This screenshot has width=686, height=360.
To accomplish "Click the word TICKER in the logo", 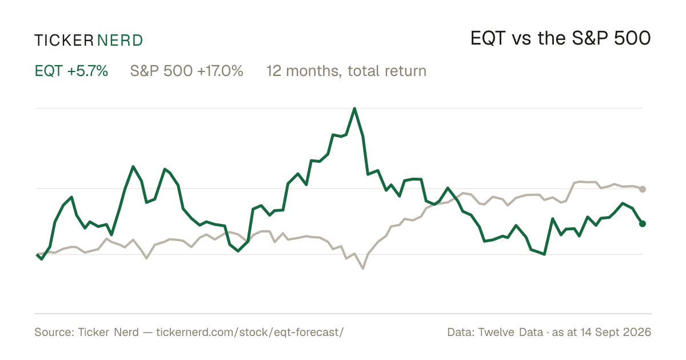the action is click(64, 41).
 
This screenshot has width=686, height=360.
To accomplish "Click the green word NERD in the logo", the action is click(120, 41).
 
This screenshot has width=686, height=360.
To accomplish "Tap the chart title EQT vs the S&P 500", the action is click(560, 38).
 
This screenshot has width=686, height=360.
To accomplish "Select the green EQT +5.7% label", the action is click(71, 71).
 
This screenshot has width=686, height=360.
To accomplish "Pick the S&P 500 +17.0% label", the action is click(186, 71).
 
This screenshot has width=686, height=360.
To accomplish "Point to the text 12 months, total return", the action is click(346, 71).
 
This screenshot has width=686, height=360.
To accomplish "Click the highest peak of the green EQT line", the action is click(354, 109).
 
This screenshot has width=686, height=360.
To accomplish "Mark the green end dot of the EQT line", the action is click(643, 224).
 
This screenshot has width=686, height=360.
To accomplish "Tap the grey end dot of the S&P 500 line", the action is click(643, 189).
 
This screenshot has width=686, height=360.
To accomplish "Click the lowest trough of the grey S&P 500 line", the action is click(363, 269).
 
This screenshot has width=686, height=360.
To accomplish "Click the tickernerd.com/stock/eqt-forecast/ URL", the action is click(250, 332).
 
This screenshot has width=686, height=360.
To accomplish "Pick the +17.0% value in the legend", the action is click(220, 71).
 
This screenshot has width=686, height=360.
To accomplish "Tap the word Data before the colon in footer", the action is click(460, 332).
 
